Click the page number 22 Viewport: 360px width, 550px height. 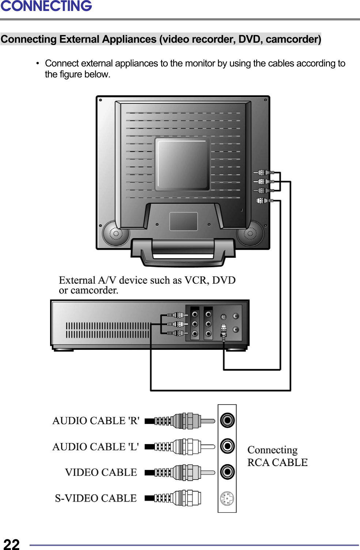11,544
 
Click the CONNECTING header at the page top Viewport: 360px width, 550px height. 46,6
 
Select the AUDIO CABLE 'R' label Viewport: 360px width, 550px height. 96,421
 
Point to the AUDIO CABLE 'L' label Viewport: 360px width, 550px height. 95,447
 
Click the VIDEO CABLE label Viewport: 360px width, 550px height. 101,472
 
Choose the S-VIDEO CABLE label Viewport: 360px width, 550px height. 96,498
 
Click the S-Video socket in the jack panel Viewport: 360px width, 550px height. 227,499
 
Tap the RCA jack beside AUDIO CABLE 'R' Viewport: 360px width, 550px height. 227,420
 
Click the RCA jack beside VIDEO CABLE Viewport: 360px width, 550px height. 227,472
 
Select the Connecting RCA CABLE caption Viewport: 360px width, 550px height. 277,456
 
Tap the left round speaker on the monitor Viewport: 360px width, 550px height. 115,233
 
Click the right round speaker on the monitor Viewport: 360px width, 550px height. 250,233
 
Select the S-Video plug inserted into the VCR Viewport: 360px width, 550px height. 224,331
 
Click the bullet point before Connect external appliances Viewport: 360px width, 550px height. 37,64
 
